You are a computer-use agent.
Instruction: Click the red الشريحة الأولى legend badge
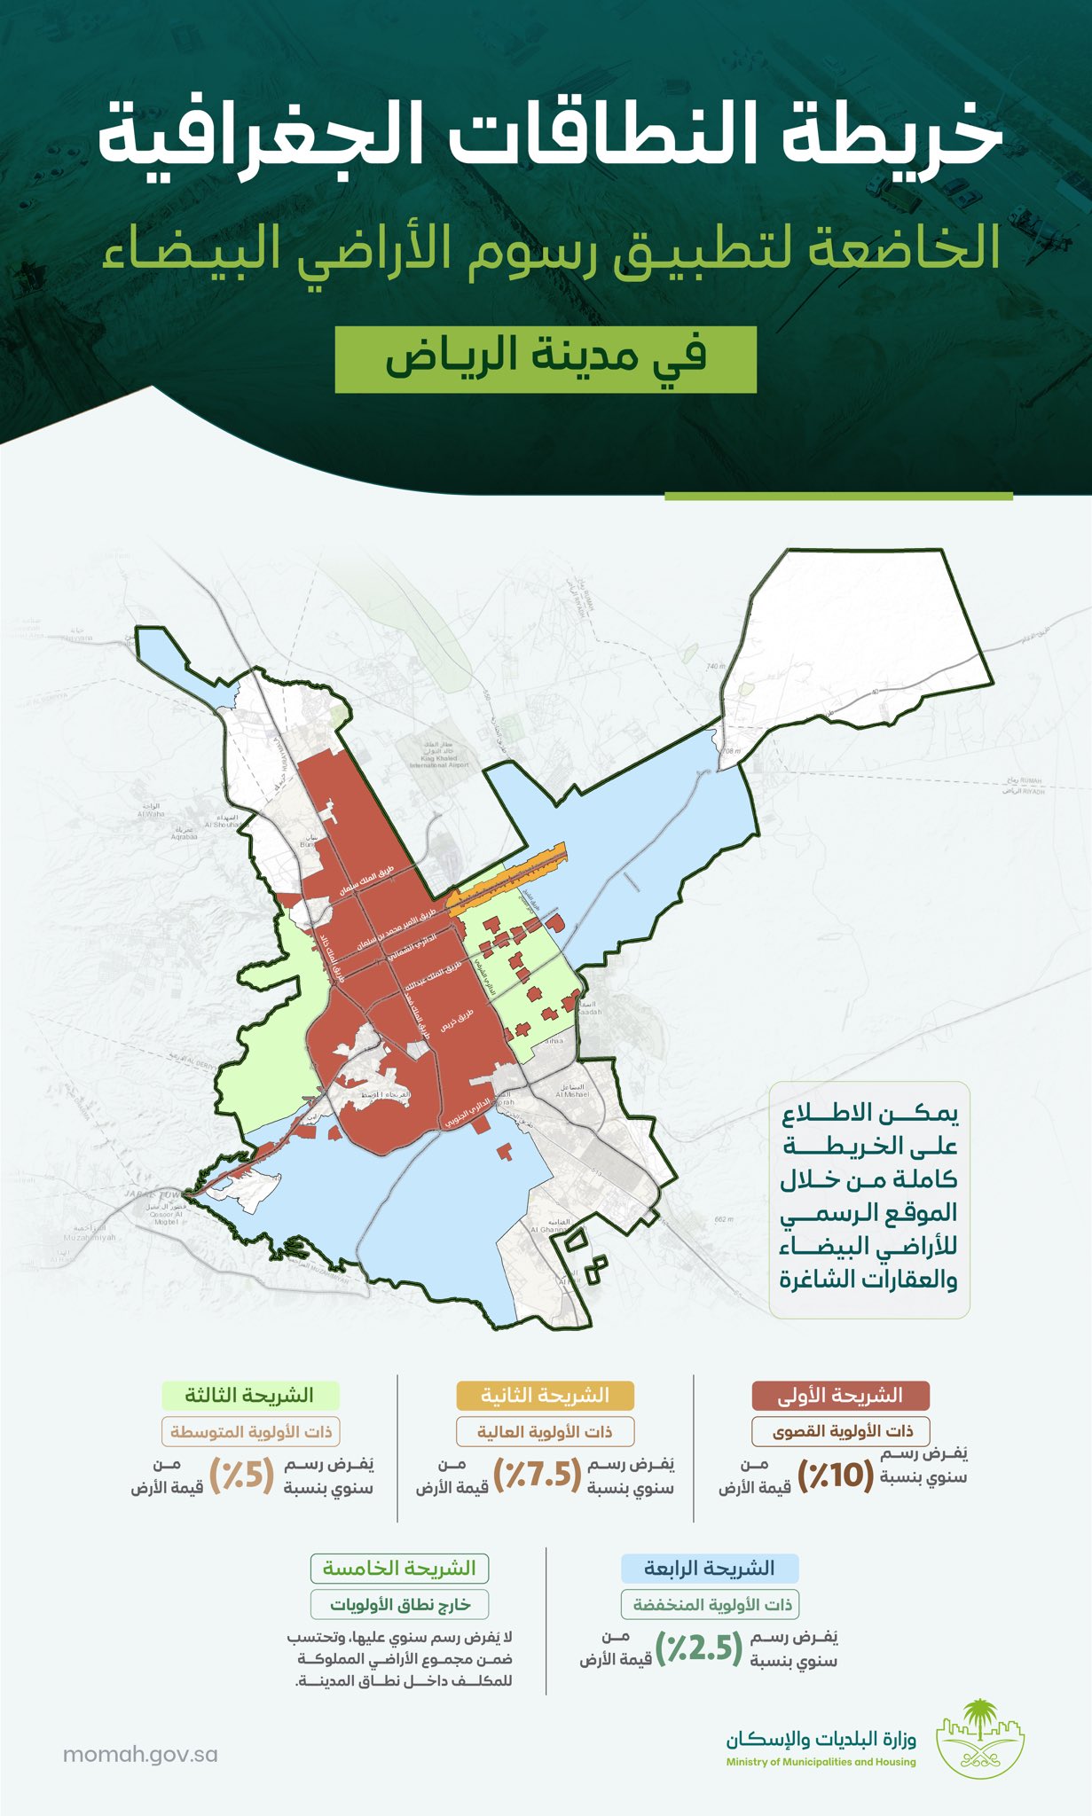pos(840,1396)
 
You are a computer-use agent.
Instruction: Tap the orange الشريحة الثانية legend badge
pos(545,1396)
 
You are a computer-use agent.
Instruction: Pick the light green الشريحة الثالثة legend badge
pos(249,1396)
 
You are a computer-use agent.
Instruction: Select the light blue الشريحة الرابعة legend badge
pos(709,1569)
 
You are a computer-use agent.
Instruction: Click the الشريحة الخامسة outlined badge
pos(399,1569)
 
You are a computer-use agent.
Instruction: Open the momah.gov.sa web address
pos(140,1754)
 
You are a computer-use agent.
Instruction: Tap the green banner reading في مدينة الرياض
pos(546,359)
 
